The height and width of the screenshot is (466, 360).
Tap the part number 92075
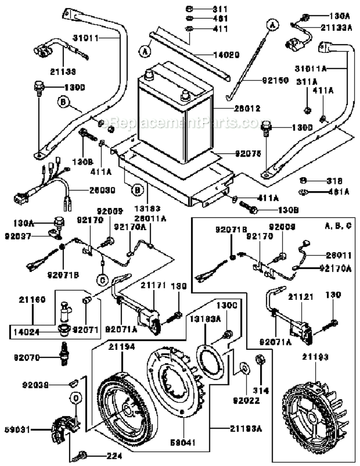point(248,155)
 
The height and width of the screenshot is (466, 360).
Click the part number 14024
point(23,331)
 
